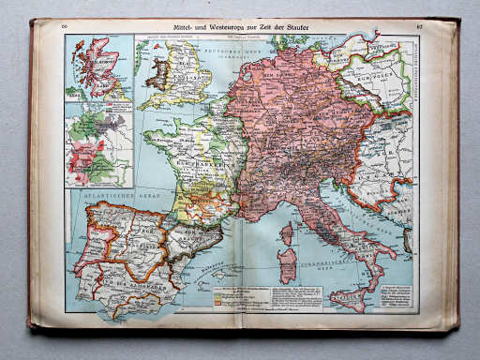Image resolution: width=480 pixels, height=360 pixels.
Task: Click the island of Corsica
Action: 286,233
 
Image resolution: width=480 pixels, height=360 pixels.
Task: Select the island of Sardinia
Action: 286,263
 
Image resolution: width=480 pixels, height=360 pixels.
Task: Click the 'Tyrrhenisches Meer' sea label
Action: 323,262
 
